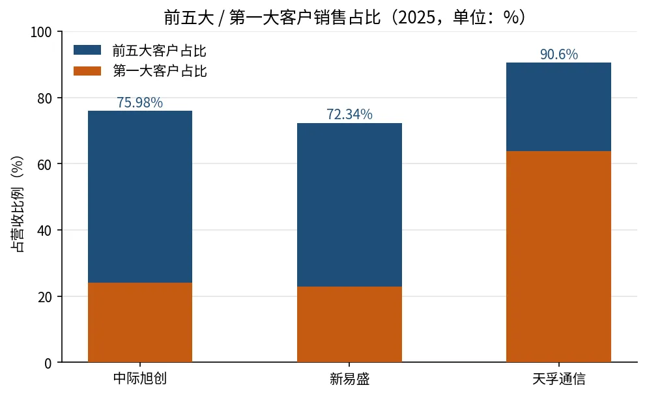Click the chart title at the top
345,18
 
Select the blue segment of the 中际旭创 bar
140,197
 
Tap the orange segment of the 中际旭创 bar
140,322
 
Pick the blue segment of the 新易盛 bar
349,205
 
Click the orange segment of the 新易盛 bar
349,324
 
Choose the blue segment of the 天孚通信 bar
558,107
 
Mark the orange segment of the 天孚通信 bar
558,257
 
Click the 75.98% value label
140,102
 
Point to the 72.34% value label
349,114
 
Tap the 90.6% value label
559,54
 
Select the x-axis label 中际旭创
140,378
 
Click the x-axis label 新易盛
349,378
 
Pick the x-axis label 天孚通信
558,378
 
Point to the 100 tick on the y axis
41,32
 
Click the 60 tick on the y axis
44,165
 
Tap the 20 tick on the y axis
44,297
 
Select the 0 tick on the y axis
48,363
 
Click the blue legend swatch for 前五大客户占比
87,50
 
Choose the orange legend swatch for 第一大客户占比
87,70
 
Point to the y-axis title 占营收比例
18,204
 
